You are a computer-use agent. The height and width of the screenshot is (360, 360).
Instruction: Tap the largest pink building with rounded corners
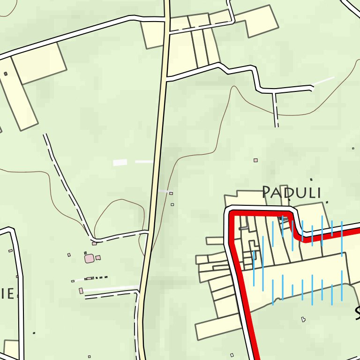tap(89, 258)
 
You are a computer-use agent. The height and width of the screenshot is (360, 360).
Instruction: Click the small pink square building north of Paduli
tap(255, 160)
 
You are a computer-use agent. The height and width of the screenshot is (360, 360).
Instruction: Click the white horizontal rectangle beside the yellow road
tap(120, 162)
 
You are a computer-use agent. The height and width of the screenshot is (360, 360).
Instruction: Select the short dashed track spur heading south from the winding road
tap(276, 109)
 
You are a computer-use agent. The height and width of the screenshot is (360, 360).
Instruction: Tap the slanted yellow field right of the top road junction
tap(259, 21)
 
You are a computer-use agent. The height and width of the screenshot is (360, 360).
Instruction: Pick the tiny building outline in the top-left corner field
tap(6, 74)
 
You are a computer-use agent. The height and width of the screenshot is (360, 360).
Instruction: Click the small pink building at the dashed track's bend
tap(94, 243)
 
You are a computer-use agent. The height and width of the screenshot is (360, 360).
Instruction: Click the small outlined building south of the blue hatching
tap(303, 319)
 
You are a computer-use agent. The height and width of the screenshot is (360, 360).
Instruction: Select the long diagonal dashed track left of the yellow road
tap(66, 183)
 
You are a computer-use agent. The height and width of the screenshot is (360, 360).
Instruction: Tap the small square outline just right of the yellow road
tap(171, 193)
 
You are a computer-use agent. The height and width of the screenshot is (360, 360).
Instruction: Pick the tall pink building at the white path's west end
tap(81, 291)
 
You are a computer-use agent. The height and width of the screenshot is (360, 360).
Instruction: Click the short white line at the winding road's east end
tap(323, 81)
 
